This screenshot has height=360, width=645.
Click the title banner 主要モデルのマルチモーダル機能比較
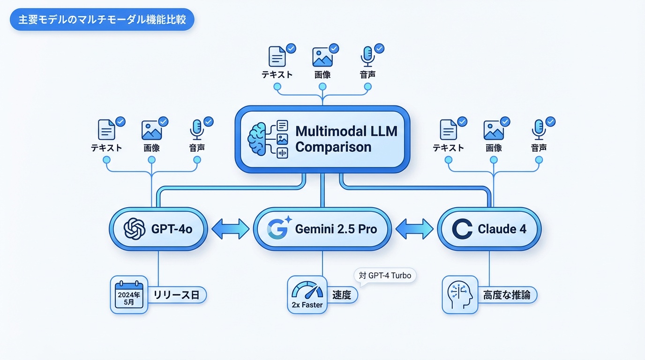(102, 21)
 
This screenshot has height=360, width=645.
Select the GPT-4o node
(158, 229)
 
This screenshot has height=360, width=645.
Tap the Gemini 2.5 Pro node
(322, 229)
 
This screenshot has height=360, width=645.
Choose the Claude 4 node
(489, 229)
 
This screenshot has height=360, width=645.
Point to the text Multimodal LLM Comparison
(346, 139)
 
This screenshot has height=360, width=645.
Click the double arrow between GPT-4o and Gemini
(230, 229)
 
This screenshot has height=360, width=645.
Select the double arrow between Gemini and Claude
(414, 229)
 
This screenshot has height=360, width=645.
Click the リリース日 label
(176, 295)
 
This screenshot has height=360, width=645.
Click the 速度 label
(341, 295)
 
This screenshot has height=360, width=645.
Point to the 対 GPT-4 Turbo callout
(384, 276)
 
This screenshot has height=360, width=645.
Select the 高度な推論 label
(507, 295)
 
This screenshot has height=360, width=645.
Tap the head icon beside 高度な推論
(460, 295)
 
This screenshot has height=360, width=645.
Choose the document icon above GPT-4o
(106, 129)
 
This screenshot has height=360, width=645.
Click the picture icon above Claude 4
(494, 129)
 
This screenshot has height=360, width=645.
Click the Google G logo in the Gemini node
(277, 229)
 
